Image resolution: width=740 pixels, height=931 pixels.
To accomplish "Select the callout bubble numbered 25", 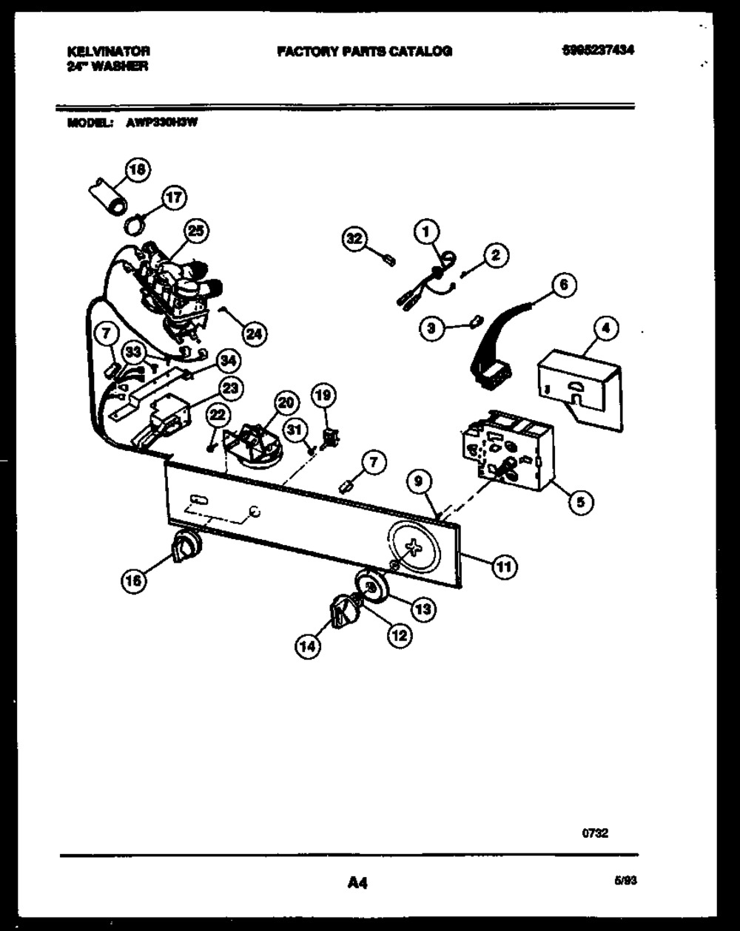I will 195,231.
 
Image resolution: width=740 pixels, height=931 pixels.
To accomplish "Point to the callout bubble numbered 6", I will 564,285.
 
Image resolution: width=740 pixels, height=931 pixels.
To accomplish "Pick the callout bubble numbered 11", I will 504,567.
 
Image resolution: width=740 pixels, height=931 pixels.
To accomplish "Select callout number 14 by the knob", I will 309,647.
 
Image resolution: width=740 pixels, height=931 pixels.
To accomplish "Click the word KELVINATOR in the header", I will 108,52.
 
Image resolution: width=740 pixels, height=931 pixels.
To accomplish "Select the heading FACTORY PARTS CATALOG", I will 364,52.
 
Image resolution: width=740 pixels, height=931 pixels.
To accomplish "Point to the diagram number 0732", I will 596,833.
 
